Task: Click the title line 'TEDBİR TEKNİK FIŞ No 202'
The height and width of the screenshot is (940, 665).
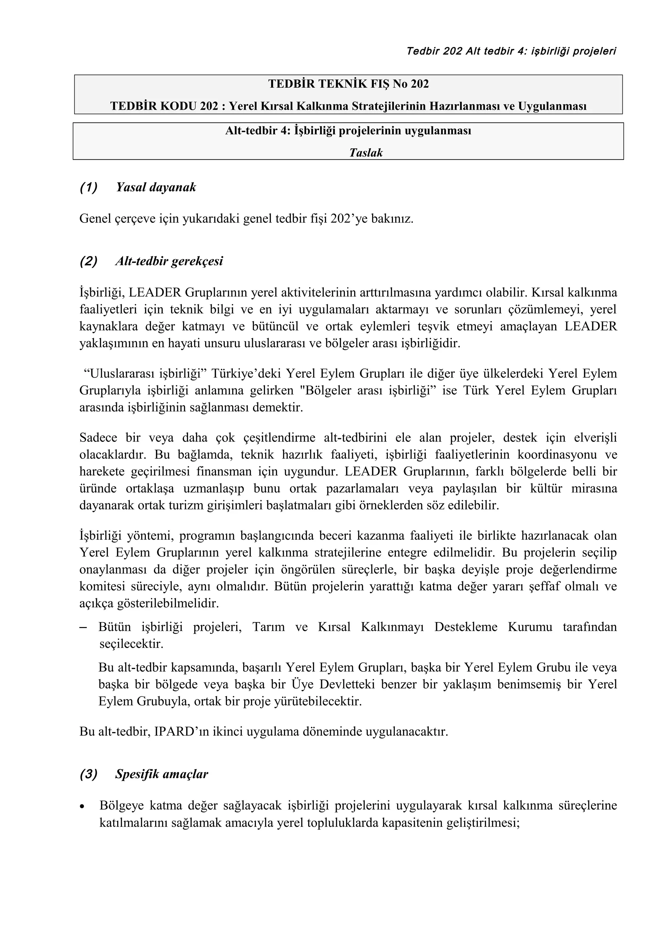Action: point(348,84)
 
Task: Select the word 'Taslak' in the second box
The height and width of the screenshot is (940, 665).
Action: point(366,153)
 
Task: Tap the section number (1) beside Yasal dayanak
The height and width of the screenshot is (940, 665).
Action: point(89,187)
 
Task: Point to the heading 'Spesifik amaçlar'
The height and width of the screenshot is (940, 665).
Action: point(161,774)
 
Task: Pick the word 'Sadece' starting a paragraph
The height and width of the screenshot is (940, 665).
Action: point(98,438)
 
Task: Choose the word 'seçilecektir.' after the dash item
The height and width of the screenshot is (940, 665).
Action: point(131,644)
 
